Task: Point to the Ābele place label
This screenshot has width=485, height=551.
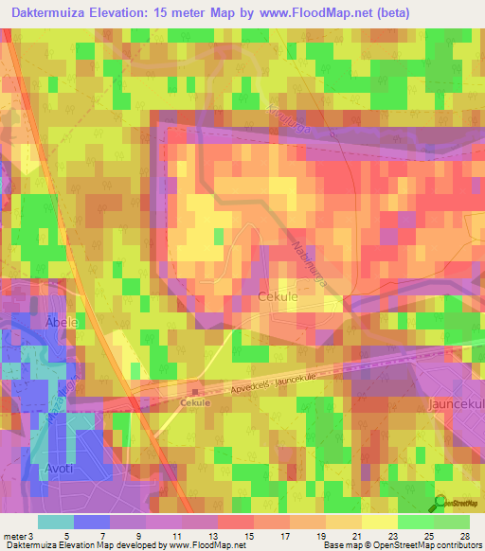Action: pos(60,322)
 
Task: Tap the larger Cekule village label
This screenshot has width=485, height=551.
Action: pos(278,296)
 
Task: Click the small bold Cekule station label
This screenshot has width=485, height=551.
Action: pos(194,401)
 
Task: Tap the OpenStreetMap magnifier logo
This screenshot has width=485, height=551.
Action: pos(441,502)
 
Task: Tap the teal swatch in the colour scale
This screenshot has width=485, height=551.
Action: pos(55,521)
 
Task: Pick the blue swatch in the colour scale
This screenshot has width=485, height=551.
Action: pos(91,521)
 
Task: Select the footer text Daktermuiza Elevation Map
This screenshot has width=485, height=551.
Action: pos(57,545)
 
